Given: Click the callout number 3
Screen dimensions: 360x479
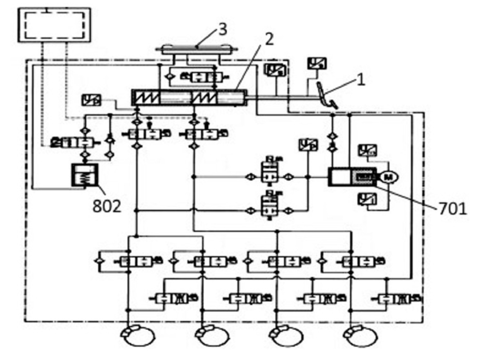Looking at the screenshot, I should pyautogui.click(x=223, y=30).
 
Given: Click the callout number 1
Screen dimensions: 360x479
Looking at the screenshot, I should pyautogui.click(x=361, y=80).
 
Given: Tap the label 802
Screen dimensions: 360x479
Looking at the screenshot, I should pyautogui.click(x=106, y=206).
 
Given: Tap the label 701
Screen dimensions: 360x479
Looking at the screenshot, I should pyautogui.click(x=453, y=209).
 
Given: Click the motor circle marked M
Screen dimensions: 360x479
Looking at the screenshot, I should pyautogui.click(x=388, y=177).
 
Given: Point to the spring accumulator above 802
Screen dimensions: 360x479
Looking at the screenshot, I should pyautogui.click(x=85, y=176).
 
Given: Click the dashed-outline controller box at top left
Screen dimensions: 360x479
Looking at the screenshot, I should pyautogui.click(x=54, y=25).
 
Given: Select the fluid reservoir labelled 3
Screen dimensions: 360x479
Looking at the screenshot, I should pyautogui.click(x=197, y=49).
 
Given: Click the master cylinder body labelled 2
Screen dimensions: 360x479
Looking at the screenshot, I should pyautogui.click(x=189, y=98).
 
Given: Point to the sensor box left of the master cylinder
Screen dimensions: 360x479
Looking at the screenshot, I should pyautogui.click(x=91, y=100).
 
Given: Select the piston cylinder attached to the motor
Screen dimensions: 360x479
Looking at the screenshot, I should pyautogui.click(x=352, y=177).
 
